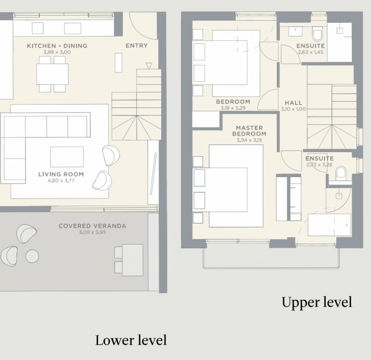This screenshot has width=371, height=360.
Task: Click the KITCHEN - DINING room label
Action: [57, 46]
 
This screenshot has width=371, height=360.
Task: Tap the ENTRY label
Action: [137, 45]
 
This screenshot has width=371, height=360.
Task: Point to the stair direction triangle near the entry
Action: [148, 66]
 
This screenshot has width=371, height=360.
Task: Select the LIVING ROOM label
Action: [61, 175]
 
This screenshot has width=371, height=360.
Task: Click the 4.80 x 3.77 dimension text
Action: [61, 181]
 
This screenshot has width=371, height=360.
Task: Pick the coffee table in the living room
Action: [67, 157]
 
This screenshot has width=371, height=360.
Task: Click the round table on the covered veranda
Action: [32, 256]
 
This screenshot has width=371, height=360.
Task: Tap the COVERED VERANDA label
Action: [92, 226]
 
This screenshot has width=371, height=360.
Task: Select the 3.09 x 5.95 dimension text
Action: [92, 232]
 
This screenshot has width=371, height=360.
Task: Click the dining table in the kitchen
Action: [52, 74]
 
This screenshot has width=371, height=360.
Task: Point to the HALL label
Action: [293, 103]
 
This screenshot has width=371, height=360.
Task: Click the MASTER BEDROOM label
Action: [249, 131]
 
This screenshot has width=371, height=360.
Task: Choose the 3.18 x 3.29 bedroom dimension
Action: [233, 108]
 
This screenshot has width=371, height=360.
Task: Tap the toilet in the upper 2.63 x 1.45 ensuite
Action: [317, 34]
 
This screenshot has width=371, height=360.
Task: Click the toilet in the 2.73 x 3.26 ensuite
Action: [341, 172]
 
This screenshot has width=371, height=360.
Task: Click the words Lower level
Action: [131, 341]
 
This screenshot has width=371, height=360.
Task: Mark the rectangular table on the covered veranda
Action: [133, 260]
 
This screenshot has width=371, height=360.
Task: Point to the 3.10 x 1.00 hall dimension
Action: [293, 109]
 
